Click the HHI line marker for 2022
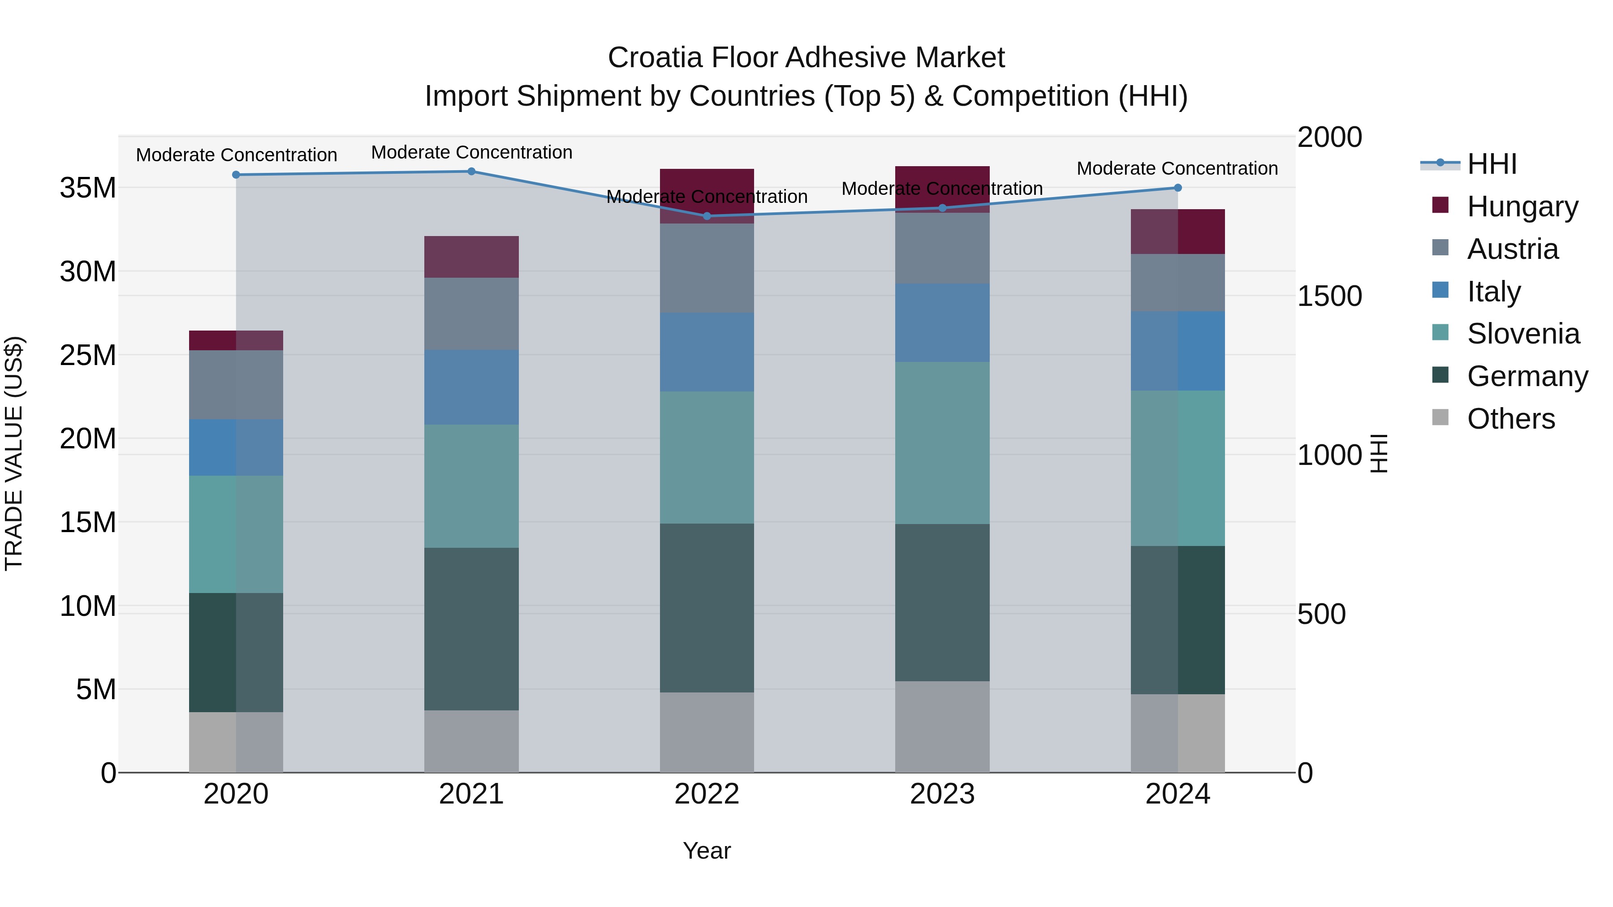click(707, 216)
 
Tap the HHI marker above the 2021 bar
click(471, 172)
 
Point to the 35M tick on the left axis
click(88, 188)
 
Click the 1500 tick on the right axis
click(1329, 296)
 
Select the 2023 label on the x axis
click(942, 794)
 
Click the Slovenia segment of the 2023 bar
click(942, 443)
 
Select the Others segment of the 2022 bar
click(707, 732)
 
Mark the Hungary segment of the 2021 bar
click(471, 257)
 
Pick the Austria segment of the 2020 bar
click(236, 384)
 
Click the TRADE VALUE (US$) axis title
click(14, 453)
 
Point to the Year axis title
click(707, 851)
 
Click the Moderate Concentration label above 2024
click(1177, 168)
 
